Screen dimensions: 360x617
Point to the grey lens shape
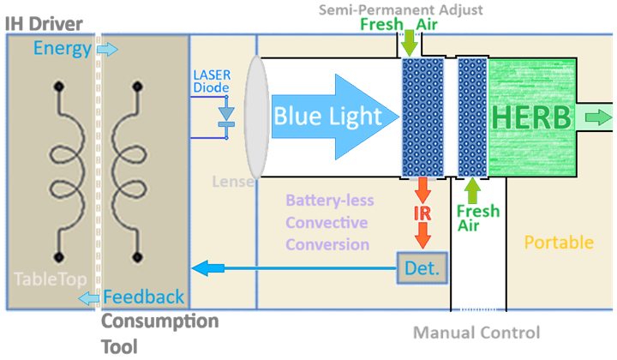pyautogui.click(x=254, y=116)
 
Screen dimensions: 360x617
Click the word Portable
pyautogui.click(x=558, y=243)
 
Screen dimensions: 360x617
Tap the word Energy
pyautogui.click(x=63, y=49)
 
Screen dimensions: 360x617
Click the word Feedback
pyautogui.click(x=143, y=297)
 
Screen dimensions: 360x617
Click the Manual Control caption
pyautogui.click(x=476, y=333)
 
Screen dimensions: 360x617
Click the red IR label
pyautogui.click(x=422, y=212)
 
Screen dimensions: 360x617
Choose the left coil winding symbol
pyautogui.click(x=59, y=171)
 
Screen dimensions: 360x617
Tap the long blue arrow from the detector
pyautogui.click(x=291, y=269)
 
